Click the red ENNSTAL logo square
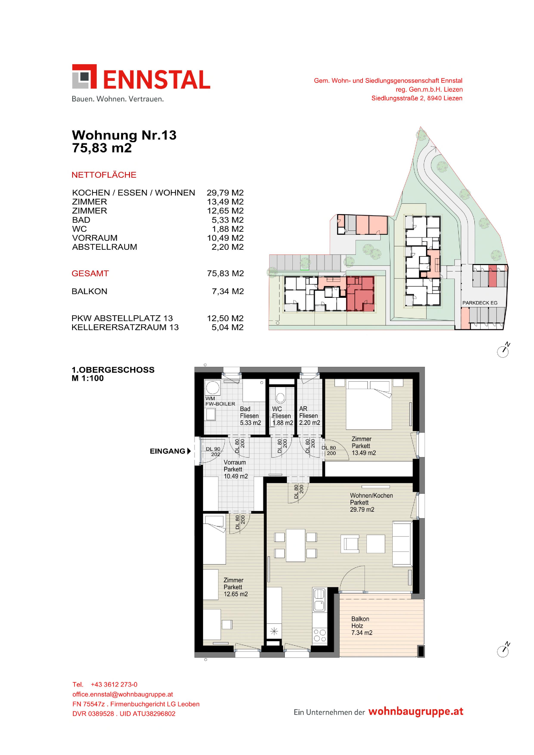[84, 76]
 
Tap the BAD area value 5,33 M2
[228, 220]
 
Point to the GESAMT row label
[90, 273]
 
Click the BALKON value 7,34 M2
[228, 291]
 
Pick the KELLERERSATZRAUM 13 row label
[125, 327]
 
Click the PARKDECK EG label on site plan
[480, 303]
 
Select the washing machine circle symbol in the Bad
[213, 388]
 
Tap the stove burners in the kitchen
[320, 635]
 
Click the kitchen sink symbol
[319, 599]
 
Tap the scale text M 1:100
[88, 378]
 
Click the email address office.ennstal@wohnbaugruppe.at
[123, 694]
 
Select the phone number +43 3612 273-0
[114, 684]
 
